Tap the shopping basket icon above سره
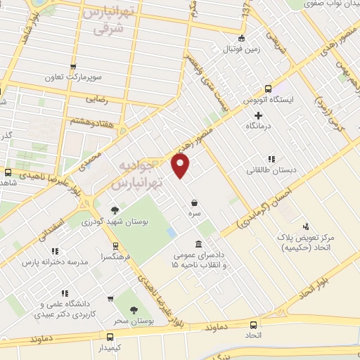click(193, 202)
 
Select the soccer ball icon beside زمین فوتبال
click(242, 38)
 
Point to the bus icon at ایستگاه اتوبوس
click(267, 89)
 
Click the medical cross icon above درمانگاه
click(258, 115)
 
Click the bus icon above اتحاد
click(254, 324)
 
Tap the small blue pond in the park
click(172, 232)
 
